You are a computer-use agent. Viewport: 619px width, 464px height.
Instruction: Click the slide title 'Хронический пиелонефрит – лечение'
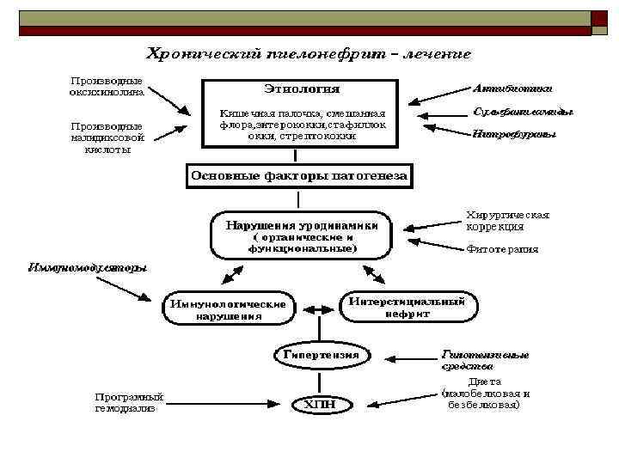click(x=309, y=53)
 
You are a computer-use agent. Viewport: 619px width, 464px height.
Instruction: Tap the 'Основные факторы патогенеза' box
click(x=299, y=175)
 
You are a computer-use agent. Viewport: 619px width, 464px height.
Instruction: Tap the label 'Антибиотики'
click(x=512, y=88)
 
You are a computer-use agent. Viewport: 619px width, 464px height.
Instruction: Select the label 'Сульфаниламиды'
click(x=524, y=111)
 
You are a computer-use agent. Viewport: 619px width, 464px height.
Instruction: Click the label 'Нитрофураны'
click(x=514, y=134)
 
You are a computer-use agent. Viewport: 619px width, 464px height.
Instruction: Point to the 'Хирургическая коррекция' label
click(x=506, y=221)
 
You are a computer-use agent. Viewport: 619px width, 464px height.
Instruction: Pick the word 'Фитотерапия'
click(x=501, y=249)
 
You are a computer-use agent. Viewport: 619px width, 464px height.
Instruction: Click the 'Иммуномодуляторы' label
click(x=88, y=266)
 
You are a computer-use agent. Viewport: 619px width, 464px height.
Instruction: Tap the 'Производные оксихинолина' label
click(x=107, y=87)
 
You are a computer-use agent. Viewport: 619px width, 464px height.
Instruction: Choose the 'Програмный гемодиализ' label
click(x=129, y=402)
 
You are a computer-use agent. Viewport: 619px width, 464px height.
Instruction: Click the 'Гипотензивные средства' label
click(x=485, y=359)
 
